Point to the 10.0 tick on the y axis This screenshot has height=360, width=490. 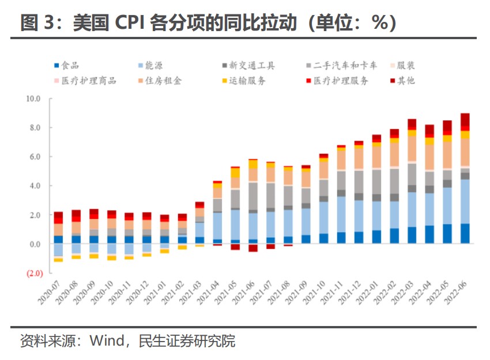click(33, 98)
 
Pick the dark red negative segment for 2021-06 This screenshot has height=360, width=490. click(252, 248)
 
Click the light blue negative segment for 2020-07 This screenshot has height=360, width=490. click(58, 250)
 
